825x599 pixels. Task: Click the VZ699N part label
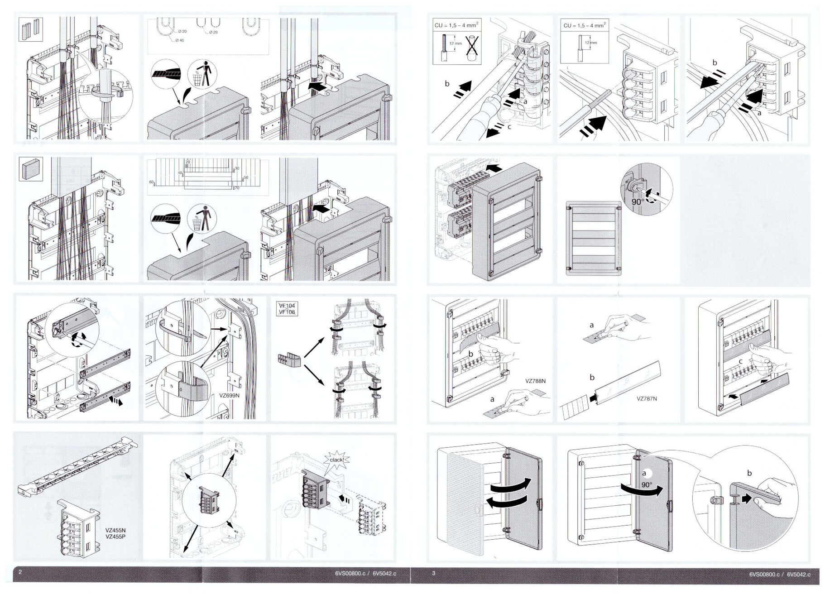(x=229, y=395)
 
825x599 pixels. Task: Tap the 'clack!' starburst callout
(x=336, y=460)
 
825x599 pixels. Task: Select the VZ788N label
(x=535, y=381)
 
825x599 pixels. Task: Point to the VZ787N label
(x=647, y=398)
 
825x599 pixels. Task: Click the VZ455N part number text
(x=115, y=530)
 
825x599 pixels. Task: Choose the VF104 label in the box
(x=287, y=306)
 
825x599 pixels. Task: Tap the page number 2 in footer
(x=20, y=572)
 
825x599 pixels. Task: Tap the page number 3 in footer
(x=433, y=573)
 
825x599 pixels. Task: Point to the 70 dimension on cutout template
(x=237, y=188)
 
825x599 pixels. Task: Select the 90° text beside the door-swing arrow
(x=647, y=485)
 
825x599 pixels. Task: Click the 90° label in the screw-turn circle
(x=638, y=201)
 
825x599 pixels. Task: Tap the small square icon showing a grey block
(x=31, y=169)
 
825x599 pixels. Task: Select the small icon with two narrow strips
(x=31, y=29)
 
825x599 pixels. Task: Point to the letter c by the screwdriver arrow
(x=509, y=127)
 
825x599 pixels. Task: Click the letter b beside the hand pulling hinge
(x=749, y=473)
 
